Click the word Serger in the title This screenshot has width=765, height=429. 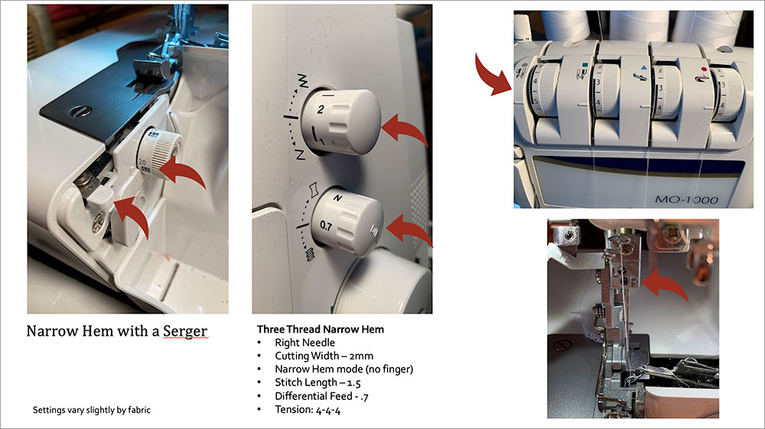[185, 331]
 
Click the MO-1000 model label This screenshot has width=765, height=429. [686, 200]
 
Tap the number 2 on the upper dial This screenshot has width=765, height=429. [320, 109]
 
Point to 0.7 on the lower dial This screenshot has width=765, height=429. [326, 226]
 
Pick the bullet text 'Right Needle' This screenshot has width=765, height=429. [304, 343]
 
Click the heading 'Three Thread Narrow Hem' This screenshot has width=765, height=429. [321, 330]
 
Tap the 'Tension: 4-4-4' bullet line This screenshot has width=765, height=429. [308, 410]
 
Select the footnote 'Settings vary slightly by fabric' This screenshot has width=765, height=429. [92, 410]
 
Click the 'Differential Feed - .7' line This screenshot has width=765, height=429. [321, 396]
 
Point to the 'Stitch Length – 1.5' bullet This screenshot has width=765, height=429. [317, 382]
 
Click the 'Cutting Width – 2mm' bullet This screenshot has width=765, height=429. [324, 356]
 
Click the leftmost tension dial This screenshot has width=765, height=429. [541, 90]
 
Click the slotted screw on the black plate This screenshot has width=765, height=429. [80, 112]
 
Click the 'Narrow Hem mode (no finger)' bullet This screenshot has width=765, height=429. [344, 369]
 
